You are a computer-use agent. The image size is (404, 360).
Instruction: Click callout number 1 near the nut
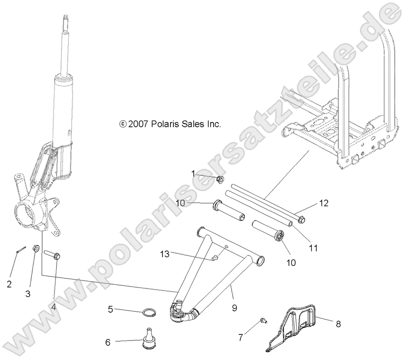click(x=193, y=173)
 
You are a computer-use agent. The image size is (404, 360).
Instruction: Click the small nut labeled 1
click(x=220, y=179)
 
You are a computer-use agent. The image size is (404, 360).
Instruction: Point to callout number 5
click(x=110, y=309)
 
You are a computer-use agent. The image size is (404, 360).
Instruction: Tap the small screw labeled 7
click(x=263, y=322)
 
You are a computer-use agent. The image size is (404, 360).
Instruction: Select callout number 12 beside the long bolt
click(x=323, y=203)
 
